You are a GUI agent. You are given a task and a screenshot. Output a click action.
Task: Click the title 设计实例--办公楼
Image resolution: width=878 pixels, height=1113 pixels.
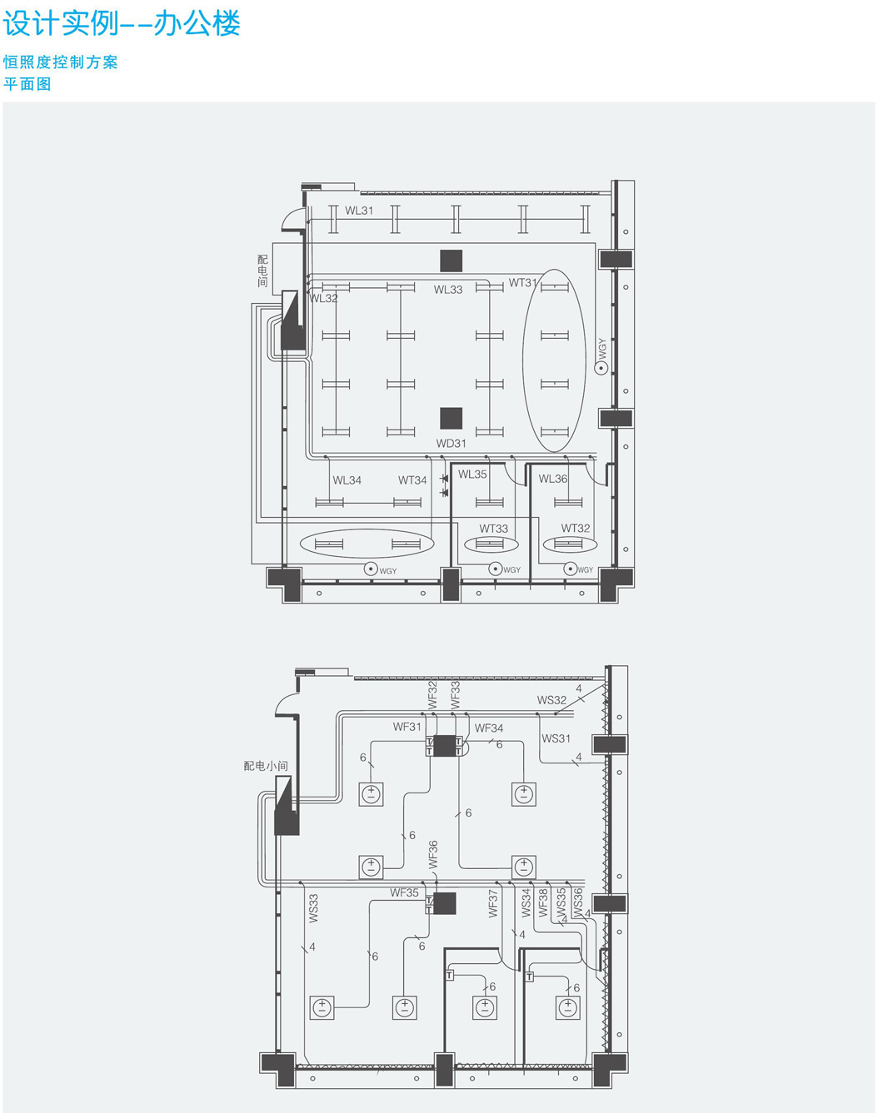point(122,24)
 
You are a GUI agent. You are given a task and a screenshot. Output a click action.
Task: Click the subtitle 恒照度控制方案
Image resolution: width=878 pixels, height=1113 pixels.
point(61,62)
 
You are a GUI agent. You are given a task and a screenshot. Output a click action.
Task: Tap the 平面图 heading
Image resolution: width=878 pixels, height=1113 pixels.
point(27,84)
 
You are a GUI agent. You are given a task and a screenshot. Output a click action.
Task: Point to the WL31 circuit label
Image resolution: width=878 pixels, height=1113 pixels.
point(359,211)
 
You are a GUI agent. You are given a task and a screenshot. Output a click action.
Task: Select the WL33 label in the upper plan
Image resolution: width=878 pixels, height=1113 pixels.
point(448,290)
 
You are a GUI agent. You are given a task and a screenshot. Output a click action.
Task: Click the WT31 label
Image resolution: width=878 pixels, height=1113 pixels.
point(523,283)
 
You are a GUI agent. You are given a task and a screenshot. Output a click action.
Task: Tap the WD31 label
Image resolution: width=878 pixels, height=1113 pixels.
point(451,443)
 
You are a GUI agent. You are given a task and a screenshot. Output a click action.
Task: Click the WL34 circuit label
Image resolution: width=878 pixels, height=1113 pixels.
point(347,480)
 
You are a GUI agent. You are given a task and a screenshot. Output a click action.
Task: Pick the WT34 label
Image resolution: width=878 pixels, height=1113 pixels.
point(412,480)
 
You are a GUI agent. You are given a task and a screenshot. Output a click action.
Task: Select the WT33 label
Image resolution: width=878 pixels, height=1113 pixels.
point(493,529)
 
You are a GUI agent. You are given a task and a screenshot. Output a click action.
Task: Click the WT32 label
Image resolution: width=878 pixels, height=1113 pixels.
point(575,528)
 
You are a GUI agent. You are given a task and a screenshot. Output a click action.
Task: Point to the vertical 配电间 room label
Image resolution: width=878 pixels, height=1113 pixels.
point(263,271)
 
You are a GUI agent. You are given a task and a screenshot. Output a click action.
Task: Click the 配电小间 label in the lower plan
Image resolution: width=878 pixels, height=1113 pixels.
point(266,765)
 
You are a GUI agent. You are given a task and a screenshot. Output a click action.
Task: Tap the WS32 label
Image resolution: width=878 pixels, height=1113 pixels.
point(551,700)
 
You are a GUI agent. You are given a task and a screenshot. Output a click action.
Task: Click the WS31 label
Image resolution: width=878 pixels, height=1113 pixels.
point(556,738)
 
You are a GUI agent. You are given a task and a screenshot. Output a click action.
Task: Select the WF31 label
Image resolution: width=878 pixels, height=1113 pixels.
point(407,727)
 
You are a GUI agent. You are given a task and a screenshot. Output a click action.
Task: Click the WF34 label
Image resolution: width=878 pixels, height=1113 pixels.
point(489,728)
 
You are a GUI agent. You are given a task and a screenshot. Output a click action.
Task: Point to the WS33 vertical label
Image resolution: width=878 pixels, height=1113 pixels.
point(314,908)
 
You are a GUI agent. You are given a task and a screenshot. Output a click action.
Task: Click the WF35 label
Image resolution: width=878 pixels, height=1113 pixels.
point(404,892)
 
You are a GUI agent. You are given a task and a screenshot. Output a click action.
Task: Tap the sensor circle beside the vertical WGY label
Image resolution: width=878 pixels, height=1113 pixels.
point(601,368)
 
